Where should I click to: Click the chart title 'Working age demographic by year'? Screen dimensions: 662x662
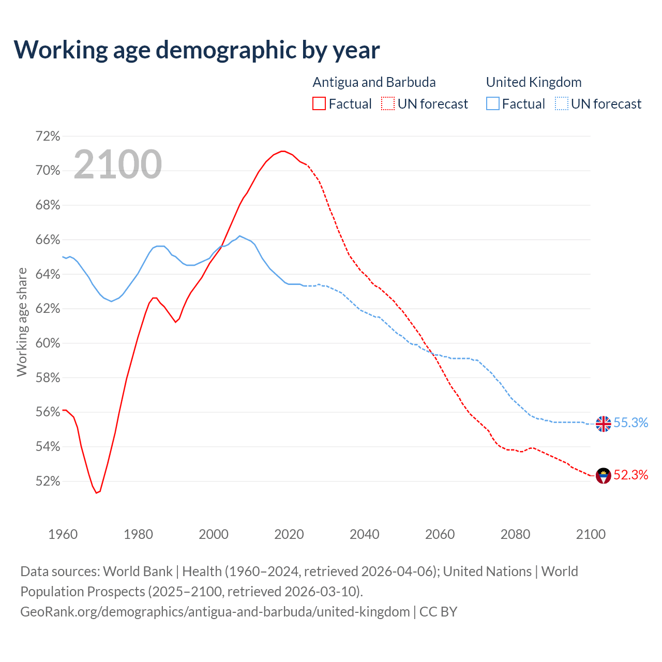click(x=197, y=50)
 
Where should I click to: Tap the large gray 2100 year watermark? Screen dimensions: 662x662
click(x=118, y=164)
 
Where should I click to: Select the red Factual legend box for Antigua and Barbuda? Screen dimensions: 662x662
click(x=319, y=104)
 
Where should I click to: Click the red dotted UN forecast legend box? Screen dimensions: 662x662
click(x=388, y=104)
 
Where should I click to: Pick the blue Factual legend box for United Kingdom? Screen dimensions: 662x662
click(x=493, y=104)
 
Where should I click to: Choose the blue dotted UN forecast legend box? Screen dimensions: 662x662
click(x=562, y=104)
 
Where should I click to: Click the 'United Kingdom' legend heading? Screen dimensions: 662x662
click(x=534, y=82)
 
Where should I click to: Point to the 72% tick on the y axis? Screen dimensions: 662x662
click(x=48, y=136)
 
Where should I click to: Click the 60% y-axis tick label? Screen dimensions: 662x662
click(x=48, y=343)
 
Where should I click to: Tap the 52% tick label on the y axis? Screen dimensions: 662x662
click(x=48, y=482)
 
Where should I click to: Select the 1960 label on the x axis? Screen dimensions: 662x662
click(x=63, y=534)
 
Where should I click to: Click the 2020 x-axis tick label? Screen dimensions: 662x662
click(x=289, y=534)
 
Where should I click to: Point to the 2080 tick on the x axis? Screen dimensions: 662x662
click(x=515, y=534)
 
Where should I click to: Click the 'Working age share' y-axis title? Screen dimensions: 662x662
click(x=22, y=322)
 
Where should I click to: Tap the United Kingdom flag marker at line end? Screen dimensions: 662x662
click(x=604, y=424)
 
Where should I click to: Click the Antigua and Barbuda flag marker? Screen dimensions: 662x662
click(x=604, y=475)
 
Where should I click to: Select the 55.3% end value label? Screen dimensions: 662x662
click(x=631, y=423)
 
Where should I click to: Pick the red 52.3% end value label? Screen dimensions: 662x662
click(x=631, y=475)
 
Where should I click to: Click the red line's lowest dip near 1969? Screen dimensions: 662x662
click(x=97, y=493)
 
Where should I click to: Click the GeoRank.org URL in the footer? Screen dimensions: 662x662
click(x=215, y=612)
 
